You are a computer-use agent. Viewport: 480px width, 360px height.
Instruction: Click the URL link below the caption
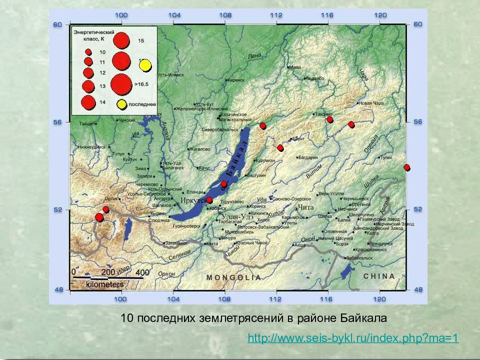point(353,338)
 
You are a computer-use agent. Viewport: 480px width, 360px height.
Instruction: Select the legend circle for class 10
point(88,51)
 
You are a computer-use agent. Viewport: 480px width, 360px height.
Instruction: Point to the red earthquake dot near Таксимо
point(329,119)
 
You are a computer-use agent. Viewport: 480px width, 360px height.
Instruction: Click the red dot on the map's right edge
point(407,167)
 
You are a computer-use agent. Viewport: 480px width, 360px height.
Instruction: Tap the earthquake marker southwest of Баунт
point(280,147)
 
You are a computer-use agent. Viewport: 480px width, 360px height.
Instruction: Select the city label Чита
point(305,207)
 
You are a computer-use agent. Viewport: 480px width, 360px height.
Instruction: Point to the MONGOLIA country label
point(233,277)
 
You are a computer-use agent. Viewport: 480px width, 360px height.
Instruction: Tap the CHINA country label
point(378,276)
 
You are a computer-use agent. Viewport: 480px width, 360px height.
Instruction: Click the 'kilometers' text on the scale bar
point(104,284)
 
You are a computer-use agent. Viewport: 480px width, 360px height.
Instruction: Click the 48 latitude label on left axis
point(57,289)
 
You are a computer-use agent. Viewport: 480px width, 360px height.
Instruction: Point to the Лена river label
point(254,56)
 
